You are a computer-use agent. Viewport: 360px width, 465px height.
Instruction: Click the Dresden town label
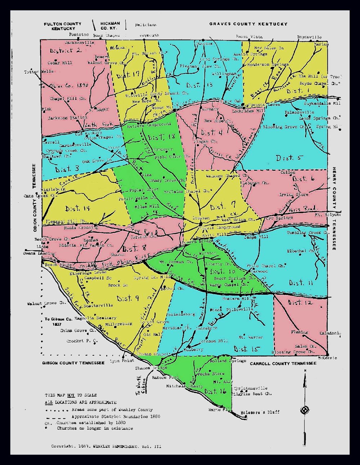point(201,218)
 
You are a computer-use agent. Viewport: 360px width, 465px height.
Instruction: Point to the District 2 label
point(66,50)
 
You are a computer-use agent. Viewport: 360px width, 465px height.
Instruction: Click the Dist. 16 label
point(215,391)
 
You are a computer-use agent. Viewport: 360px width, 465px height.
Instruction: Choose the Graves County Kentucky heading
point(248,24)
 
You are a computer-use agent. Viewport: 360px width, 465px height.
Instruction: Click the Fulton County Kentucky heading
point(63,26)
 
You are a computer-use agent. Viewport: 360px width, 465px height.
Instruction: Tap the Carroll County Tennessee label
point(283,364)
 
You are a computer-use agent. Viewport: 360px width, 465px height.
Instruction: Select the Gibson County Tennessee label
point(73,363)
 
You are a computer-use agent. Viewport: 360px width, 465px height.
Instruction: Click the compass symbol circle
point(305,410)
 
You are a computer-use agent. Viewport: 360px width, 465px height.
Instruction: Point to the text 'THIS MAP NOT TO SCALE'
point(71,395)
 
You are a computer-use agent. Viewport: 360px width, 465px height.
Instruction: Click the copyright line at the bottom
point(106,446)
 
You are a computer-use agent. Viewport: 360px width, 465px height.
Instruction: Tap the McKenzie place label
point(328,358)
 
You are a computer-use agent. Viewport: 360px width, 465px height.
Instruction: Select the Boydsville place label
point(309,37)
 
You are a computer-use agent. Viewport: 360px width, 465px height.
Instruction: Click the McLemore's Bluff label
point(260,412)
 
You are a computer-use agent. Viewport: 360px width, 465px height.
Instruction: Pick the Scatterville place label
point(98,305)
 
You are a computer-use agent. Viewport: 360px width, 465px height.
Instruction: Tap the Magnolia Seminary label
point(95,318)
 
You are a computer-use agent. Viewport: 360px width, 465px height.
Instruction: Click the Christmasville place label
point(251,388)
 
